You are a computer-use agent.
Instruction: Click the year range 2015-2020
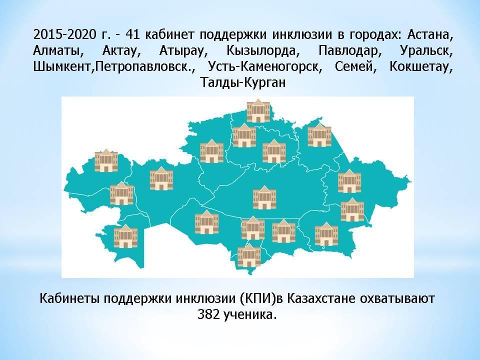[64, 34]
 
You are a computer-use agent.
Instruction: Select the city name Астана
[429, 35]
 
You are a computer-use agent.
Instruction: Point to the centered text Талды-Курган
[243, 82]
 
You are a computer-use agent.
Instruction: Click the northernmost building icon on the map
[258, 111]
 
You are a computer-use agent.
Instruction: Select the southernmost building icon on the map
[249, 255]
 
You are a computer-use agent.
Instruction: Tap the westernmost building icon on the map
[106, 160]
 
